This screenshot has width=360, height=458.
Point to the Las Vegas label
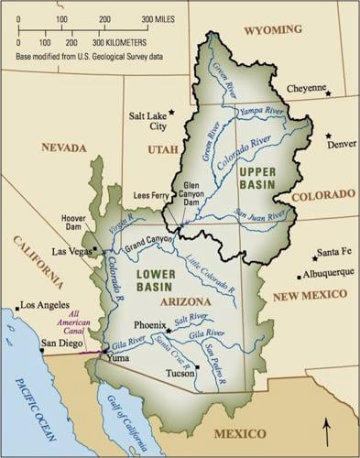[75, 250]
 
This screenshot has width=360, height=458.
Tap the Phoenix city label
[149, 324]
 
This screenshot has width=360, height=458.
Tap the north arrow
[326, 431]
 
